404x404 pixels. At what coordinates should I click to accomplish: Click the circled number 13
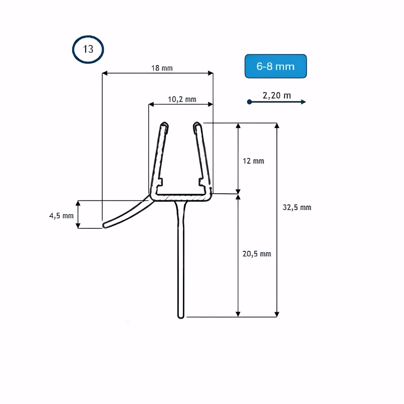pos(88,49)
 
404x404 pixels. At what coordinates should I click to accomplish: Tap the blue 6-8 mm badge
pos(275,66)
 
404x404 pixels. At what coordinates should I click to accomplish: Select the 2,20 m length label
pos(277,95)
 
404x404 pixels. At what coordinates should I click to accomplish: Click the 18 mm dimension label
pos(162,68)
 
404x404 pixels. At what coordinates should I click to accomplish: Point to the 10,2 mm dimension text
pos(182,99)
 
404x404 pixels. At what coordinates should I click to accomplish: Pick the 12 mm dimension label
pos(253,161)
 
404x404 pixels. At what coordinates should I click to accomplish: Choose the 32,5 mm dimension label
pos(297,207)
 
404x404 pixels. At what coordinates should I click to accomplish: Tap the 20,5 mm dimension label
pos(257,254)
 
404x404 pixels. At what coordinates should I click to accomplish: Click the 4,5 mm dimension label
pos(61,215)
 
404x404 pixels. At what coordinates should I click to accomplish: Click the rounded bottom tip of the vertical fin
pos(181,316)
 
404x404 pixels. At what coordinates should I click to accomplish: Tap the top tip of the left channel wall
pos(165,125)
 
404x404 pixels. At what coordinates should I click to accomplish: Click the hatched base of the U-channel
pos(181,196)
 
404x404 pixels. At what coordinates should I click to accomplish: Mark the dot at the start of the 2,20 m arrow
pos(249,102)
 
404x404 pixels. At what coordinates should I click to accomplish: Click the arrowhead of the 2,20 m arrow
pos(303,102)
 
